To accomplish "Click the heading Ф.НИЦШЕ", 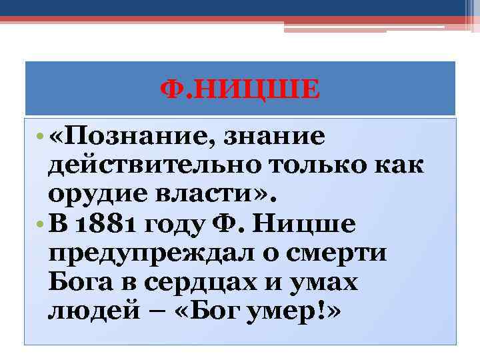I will pos(241,89).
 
